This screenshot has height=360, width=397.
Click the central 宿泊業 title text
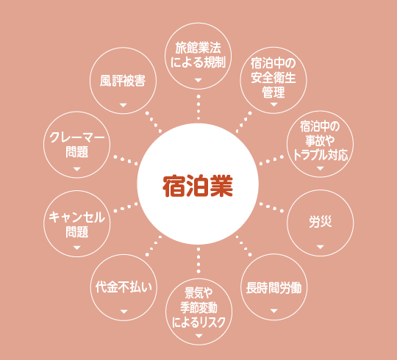pyautogui.click(x=198, y=186)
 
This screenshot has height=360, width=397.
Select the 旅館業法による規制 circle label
pyautogui.click(x=198, y=55)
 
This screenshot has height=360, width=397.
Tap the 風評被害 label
pyautogui.click(x=123, y=81)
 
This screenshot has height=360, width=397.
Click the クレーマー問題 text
pyautogui.click(x=76, y=145)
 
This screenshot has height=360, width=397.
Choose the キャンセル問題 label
pyautogui.click(x=76, y=224)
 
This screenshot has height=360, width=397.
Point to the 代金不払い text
pyautogui.click(x=124, y=287)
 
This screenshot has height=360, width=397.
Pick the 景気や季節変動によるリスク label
pyautogui.click(x=198, y=308)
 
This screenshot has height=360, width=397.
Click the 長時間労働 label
pyautogui.click(x=273, y=288)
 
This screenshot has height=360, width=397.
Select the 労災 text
pyautogui.click(x=321, y=222)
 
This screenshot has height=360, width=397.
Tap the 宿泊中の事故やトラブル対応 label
pyautogui.click(x=321, y=140)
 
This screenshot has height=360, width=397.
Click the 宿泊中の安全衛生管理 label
pyautogui.click(x=273, y=78)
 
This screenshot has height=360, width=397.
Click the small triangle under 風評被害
pyautogui.click(x=123, y=105)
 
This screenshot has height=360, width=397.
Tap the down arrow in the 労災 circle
pyautogui.click(x=321, y=247)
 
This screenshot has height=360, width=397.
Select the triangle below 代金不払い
pyautogui.click(x=124, y=312)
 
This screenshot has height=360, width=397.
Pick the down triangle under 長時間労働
pyautogui.click(x=273, y=311)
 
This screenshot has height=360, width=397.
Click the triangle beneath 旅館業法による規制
pyautogui.click(x=198, y=80)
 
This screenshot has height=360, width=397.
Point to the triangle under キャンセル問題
pyautogui.click(x=76, y=248)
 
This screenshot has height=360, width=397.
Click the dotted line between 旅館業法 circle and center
pyautogui.click(x=198, y=107)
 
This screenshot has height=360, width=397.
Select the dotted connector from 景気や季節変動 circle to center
pyautogui.click(x=198, y=260)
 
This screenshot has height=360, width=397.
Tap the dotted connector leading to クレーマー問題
pyautogui.click(x=126, y=160)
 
